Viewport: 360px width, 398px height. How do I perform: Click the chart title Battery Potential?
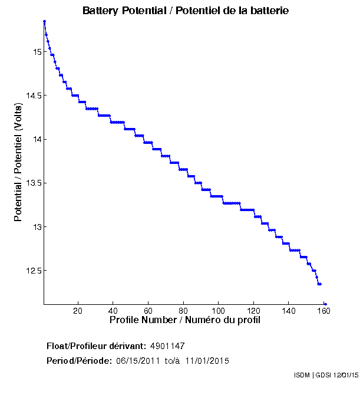186,11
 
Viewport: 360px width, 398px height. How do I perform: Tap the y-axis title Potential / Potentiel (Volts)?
18,162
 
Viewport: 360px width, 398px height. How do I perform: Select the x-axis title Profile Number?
184,320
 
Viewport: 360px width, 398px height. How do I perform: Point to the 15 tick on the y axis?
37,52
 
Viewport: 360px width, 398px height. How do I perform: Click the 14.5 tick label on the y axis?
32,96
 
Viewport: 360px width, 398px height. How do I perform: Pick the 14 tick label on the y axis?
37,139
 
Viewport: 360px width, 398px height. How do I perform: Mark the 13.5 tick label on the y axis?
32,183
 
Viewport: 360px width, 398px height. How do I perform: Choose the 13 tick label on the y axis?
37,227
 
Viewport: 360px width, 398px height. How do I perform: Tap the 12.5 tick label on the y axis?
32,271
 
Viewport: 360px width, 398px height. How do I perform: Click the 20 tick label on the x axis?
78,311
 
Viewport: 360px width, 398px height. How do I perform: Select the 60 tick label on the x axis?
148,311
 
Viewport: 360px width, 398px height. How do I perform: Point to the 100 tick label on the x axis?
219,311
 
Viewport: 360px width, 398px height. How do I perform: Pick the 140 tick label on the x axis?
289,311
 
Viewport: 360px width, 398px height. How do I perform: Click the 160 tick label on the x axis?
323,311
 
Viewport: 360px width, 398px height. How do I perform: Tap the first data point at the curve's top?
45,21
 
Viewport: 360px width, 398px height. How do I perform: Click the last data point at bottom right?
325,304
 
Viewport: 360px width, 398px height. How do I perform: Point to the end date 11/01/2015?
207,360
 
